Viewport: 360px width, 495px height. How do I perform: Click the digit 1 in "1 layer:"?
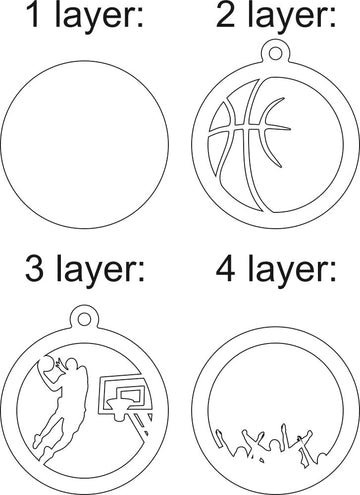point(33,14)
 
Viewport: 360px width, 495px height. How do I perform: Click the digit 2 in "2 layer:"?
point(226,14)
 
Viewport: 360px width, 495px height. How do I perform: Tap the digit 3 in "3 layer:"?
point(35,268)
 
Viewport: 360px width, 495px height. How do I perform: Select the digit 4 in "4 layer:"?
point(226,268)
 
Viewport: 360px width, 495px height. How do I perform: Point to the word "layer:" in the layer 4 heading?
point(292,271)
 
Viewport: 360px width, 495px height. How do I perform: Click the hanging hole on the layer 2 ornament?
point(275,53)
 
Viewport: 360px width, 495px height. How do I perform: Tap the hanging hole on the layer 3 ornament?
point(85,318)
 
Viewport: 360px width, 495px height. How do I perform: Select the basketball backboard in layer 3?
point(122,395)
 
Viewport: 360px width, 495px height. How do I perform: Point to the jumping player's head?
point(71,363)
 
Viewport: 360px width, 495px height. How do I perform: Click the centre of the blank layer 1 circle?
point(84,144)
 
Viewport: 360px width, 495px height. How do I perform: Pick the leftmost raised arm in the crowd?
point(220,438)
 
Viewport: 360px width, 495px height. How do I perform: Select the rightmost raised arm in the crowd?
point(306,436)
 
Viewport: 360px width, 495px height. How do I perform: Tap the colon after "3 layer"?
point(141,271)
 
